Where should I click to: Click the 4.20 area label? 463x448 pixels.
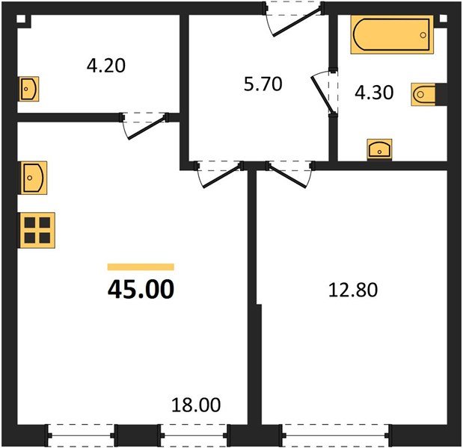106,66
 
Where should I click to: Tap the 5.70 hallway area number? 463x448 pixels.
263,84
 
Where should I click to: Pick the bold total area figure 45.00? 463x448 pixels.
141,288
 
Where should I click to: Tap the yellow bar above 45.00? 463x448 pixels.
141,267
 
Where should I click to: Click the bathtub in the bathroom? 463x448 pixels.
392,34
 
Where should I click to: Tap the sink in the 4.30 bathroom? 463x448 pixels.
381,149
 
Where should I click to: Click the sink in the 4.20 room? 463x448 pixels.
28,89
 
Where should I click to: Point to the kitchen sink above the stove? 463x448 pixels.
34,177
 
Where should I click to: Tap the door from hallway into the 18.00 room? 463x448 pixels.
218,174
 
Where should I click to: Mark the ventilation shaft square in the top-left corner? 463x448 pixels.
22,18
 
